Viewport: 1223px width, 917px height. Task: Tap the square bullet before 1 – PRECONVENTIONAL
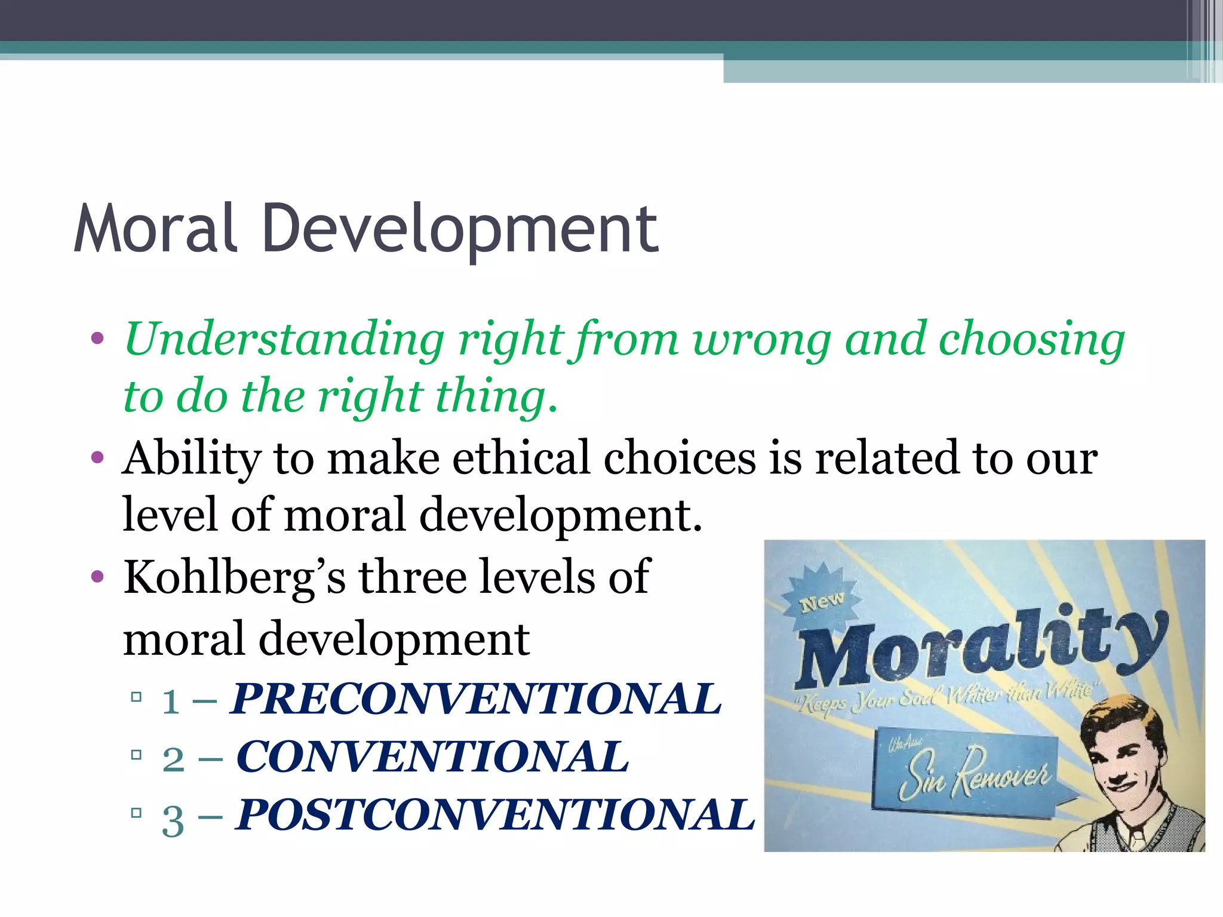(x=136, y=697)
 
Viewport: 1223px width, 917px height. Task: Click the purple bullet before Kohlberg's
(x=97, y=577)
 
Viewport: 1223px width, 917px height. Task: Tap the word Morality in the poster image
(x=979, y=648)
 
